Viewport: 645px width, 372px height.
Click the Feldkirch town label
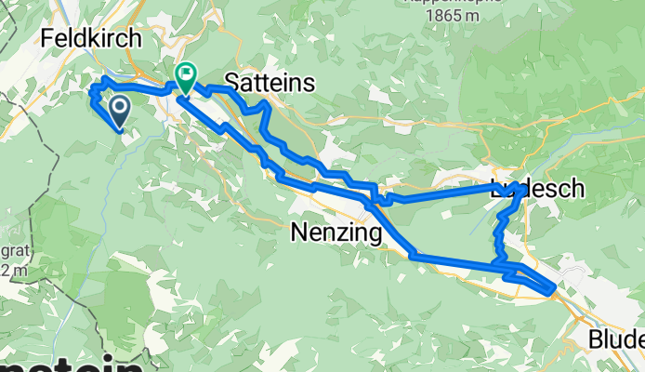tap(91, 39)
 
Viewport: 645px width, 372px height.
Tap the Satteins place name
tap(270, 83)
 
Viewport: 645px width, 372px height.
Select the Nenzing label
tap(336, 233)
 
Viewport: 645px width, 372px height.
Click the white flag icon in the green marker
tap(186, 72)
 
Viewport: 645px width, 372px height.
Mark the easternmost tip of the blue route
tap(556, 287)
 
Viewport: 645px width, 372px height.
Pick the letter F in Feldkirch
tap(46, 39)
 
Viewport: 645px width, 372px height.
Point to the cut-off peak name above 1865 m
tap(441, 3)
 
